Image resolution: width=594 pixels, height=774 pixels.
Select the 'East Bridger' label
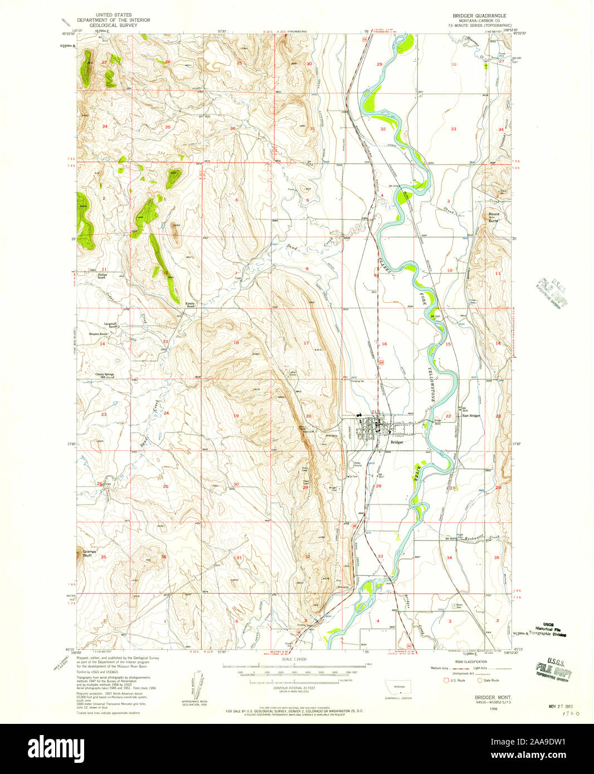tap(471, 415)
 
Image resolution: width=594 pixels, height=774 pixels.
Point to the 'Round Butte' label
tap(494, 217)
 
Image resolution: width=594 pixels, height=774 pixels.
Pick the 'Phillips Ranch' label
tap(101, 276)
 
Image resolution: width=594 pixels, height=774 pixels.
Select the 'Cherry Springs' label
tap(104, 375)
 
